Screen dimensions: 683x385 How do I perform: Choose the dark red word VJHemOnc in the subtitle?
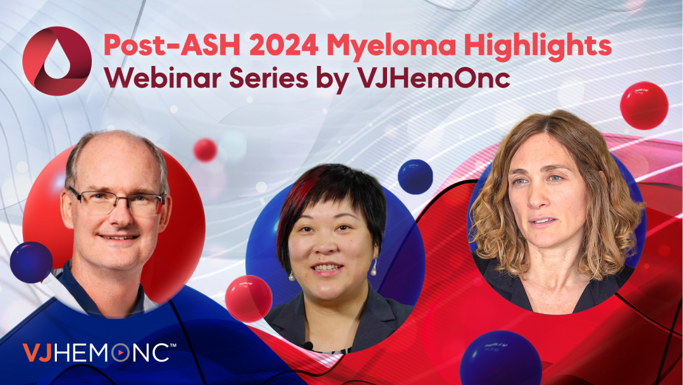(433, 79)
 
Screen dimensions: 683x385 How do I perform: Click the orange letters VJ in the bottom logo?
(37, 353)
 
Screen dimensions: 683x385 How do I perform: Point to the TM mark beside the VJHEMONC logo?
(173, 346)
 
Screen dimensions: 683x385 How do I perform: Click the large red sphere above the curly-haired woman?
(644, 106)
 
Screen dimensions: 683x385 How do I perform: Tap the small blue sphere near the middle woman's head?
(415, 177)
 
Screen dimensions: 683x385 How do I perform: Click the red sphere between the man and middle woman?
(249, 299)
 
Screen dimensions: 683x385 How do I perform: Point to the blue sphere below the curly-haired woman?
(501, 358)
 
